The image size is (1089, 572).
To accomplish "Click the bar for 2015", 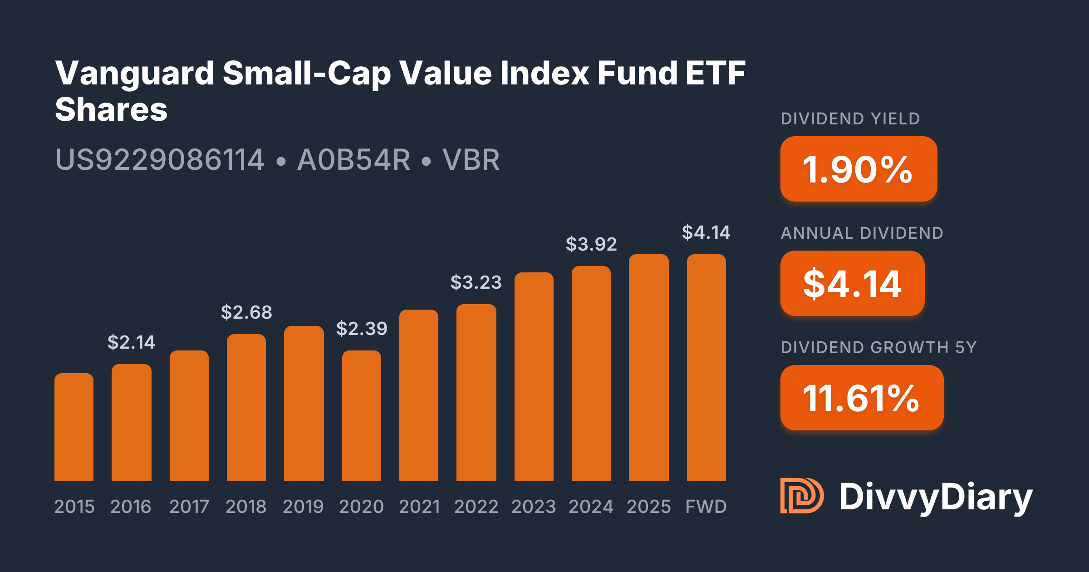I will tap(74, 427).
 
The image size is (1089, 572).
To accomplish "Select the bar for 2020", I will tap(362, 415).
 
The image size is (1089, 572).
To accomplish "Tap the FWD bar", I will tap(706, 368).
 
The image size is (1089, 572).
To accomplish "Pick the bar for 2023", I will tap(534, 377).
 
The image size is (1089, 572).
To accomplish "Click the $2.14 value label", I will tap(131, 342).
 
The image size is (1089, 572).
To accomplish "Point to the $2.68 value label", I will tap(246, 312).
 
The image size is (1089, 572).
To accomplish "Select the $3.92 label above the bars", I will tap(591, 244).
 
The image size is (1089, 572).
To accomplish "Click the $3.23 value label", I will tap(476, 282).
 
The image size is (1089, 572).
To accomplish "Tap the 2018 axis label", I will tap(246, 507).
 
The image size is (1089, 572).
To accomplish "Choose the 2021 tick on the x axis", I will tap(419, 507).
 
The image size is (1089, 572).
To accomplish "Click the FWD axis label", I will tap(706, 507).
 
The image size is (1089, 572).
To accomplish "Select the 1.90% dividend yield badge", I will tap(858, 169).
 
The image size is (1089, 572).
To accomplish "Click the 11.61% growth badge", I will tap(862, 398).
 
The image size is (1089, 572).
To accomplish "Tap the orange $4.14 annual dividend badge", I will tap(852, 283).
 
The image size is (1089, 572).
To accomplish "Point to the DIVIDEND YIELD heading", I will tap(850, 119).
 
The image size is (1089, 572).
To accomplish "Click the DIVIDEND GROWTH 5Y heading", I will tap(878, 348).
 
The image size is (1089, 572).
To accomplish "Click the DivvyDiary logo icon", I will tap(802, 496).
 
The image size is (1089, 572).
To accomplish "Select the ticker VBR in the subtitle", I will tap(471, 160).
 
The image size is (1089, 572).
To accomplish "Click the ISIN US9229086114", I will tap(160, 160).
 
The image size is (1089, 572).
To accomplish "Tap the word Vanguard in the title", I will tap(135, 74).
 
